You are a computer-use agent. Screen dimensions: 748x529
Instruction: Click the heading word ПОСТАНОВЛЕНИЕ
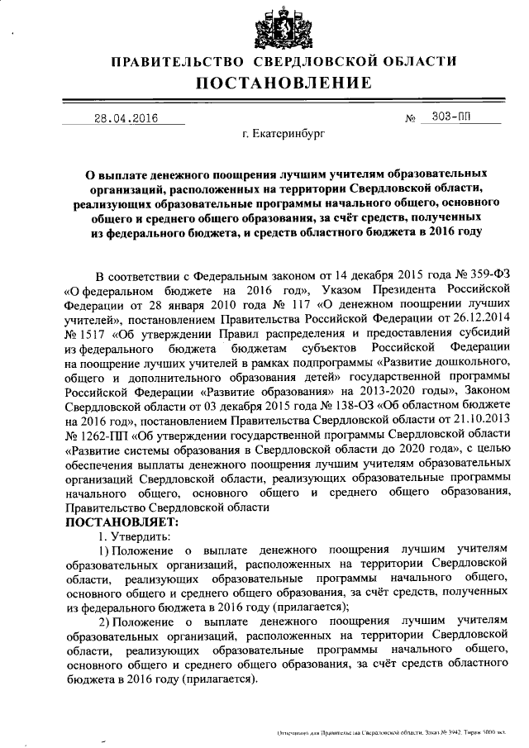(283, 83)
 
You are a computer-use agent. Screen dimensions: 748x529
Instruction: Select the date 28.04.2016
(124, 117)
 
